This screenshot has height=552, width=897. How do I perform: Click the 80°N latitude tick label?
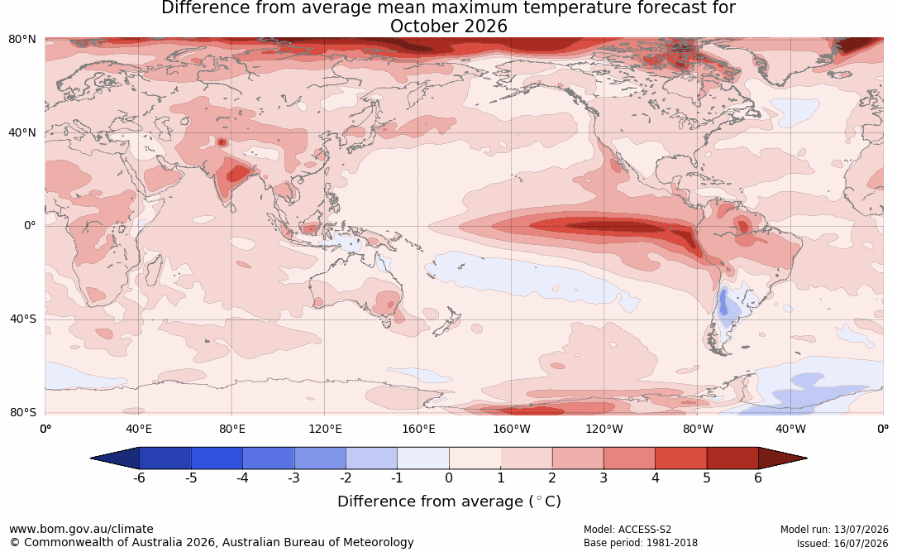point(21,40)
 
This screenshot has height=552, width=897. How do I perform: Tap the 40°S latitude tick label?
point(22,319)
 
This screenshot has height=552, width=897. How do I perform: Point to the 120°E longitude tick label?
point(325,429)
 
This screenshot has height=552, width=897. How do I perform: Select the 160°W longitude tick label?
point(512,429)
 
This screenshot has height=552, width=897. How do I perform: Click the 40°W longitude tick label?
point(791,429)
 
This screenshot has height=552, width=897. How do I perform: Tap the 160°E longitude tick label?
point(418,429)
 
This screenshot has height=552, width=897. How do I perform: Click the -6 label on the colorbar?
point(139,478)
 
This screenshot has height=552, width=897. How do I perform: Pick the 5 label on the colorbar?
point(707,478)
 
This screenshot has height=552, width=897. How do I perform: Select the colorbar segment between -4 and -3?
point(269,458)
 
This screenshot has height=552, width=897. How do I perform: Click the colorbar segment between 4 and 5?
point(680,458)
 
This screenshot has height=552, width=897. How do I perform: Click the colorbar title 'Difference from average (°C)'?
point(449,502)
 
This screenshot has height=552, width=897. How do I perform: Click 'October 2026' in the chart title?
point(449,26)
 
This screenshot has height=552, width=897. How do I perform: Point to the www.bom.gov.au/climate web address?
point(81,529)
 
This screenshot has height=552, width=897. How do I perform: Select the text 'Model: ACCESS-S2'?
point(627,530)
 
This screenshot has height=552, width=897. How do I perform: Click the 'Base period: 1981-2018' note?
point(641,543)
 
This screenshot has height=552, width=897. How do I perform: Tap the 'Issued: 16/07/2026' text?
point(842,543)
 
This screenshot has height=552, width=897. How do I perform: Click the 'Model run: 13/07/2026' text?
point(834,530)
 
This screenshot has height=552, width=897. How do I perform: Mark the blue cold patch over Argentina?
point(723,302)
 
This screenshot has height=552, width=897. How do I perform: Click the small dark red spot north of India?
point(222,142)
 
